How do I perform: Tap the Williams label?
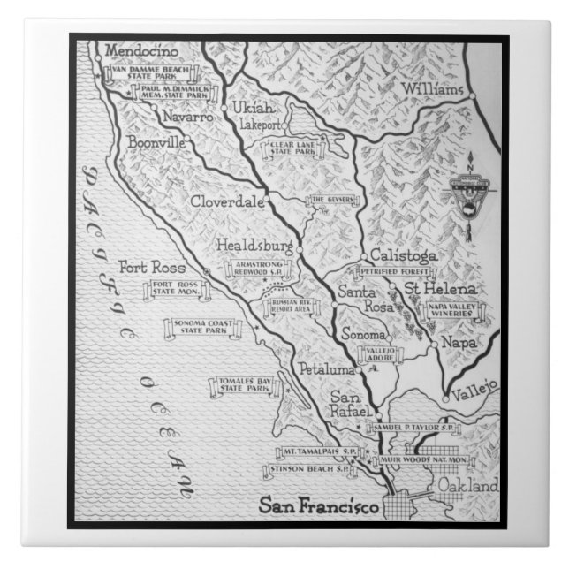click(x=432, y=90)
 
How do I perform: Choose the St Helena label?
click(x=441, y=290)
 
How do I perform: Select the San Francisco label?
click(x=318, y=506)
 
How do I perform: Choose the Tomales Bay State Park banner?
click(x=240, y=386)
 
